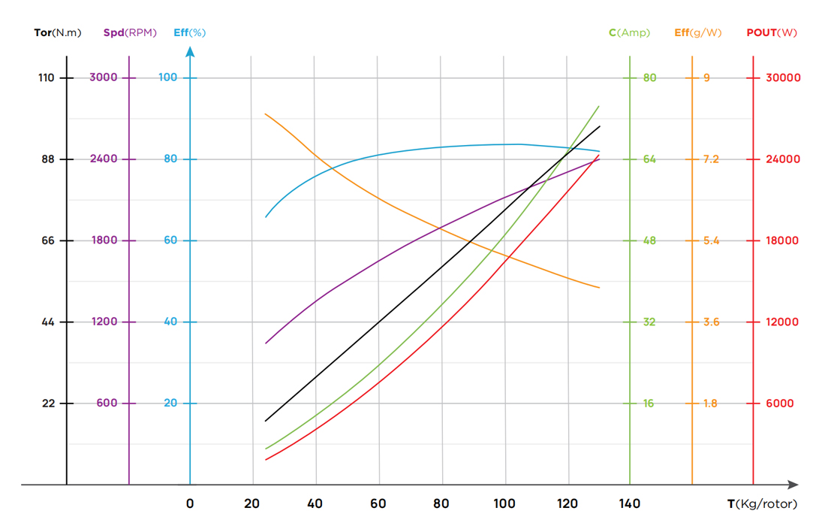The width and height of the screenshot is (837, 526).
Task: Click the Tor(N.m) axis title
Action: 58,32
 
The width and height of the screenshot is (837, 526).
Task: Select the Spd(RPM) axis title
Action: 130,32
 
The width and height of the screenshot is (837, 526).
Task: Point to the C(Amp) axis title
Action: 629,32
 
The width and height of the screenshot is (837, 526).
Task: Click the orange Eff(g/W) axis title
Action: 697,32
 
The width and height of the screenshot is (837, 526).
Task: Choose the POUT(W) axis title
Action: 772,32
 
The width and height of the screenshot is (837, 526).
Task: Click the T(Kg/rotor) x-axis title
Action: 762,504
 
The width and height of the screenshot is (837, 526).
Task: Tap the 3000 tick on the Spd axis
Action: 103,77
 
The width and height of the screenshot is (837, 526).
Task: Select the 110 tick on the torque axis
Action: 47,77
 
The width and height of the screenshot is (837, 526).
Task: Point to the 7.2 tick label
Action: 711,159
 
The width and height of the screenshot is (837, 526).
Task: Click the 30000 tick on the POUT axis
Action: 782,77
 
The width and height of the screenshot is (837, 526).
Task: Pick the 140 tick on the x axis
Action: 630,504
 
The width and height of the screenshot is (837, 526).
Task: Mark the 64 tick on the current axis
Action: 649,159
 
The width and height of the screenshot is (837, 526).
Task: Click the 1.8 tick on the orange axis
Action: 710,404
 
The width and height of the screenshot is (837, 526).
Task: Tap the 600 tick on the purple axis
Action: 107,404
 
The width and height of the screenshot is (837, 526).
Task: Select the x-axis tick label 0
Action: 190,504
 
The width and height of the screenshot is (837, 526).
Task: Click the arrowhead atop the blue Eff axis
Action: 190,52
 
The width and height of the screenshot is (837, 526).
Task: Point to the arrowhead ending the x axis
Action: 793,485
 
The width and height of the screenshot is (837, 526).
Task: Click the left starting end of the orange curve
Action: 266,113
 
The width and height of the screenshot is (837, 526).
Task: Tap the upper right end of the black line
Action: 600,126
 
